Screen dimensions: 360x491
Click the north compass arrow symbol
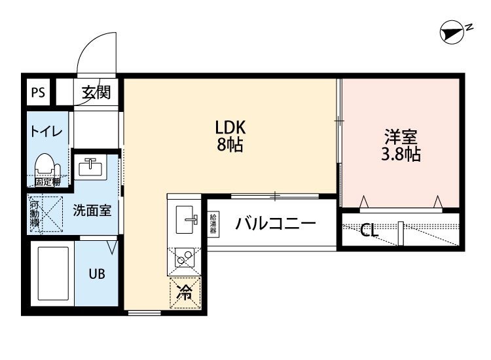point(452,31)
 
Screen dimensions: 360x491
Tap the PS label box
point(38,92)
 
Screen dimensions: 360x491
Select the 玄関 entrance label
point(96,92)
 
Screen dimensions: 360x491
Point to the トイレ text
point(45,132)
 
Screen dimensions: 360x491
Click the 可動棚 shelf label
point(35,214)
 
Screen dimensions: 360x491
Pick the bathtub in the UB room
point(52,272)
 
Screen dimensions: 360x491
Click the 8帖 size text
point(230,146)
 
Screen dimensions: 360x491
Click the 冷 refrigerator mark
point(184,292)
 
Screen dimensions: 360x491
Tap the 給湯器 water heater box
point(214,224)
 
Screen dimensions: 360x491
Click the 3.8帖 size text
point(401,155)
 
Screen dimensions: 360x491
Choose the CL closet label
point(369,230)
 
